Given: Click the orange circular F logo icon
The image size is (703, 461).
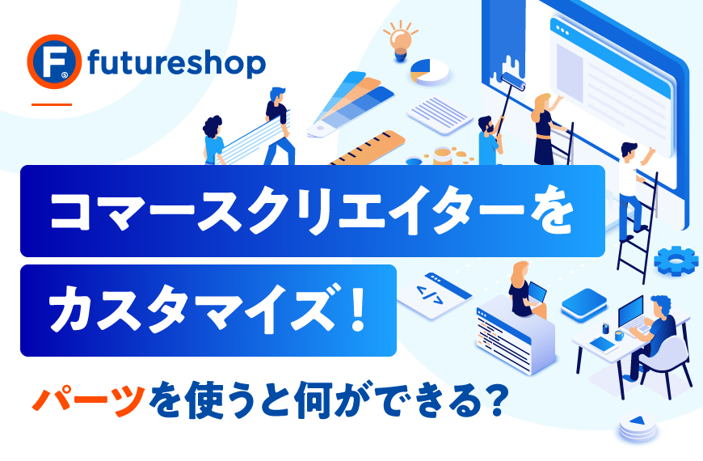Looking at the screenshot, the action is tap(54, 61).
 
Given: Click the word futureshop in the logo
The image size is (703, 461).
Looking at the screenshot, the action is tap(177, 63).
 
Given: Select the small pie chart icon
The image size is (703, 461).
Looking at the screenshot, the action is tap(429, 71).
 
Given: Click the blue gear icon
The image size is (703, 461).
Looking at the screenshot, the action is tap(676, 260).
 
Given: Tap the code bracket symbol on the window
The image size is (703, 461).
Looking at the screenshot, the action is tap(429, 295).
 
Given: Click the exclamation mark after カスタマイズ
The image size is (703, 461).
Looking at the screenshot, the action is tap(358, 310).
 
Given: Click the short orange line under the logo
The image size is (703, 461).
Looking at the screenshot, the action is tap(52, 104).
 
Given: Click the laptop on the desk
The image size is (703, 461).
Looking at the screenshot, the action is tap(633, 315).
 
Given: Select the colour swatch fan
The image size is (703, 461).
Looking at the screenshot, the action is tap(351, 104).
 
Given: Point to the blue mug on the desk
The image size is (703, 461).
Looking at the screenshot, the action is tap(619, 335).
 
